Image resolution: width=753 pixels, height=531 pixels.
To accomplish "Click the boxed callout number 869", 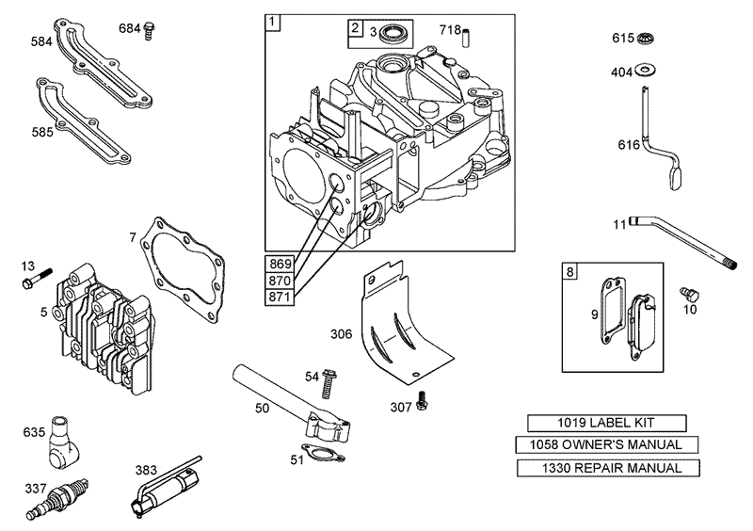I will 281,263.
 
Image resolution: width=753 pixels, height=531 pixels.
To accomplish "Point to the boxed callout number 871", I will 281,297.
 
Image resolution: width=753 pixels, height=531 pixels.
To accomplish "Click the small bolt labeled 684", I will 148,30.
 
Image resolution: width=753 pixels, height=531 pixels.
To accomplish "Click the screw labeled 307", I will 424,401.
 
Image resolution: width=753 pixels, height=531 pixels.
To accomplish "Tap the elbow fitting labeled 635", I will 64,442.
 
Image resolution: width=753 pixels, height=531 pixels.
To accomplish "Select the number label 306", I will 342,333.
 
